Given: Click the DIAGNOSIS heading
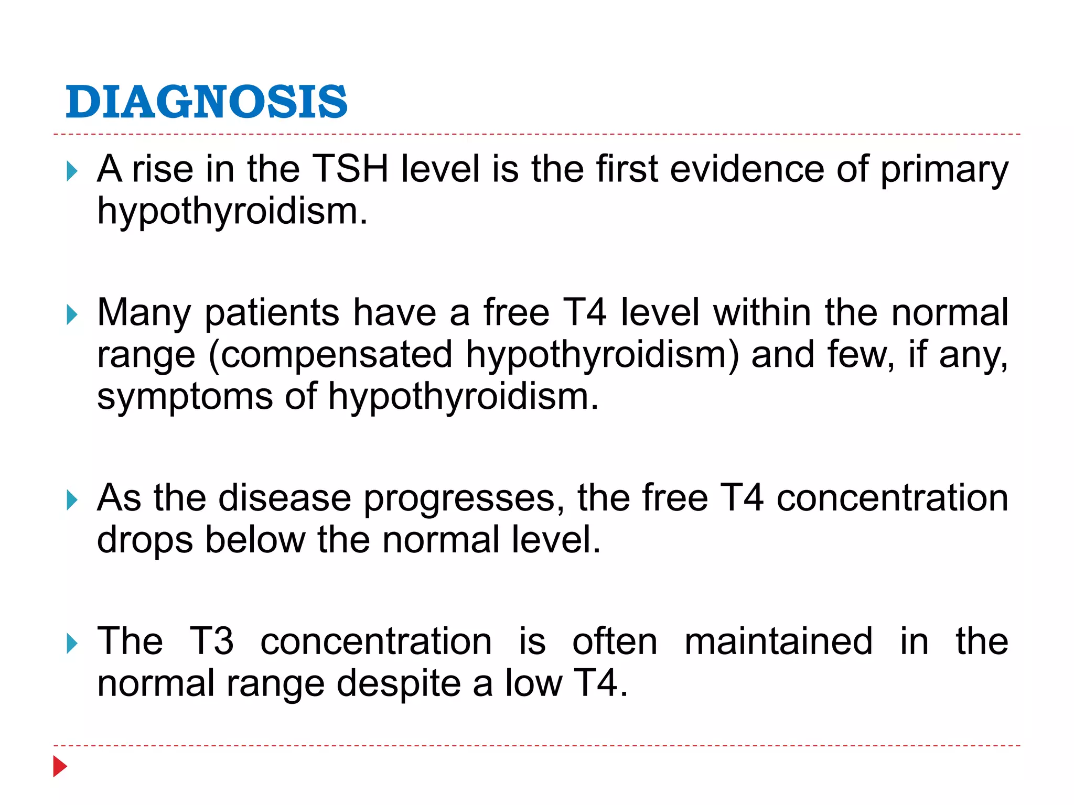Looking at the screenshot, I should click(206, 102).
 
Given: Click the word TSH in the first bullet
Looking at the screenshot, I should click(350, 169).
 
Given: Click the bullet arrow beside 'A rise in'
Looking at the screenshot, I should click(72, 171).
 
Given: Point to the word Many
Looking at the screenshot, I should click(144, 313).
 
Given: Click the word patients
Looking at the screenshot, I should click(272, 313).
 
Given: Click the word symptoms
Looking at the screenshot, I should click(185, 397).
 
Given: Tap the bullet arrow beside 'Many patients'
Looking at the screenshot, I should click(72, 315).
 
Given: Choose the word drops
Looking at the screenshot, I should click(145, 540).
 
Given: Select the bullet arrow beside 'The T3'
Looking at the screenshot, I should click(72, 644).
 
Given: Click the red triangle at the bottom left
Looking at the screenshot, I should click(60, 766).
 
